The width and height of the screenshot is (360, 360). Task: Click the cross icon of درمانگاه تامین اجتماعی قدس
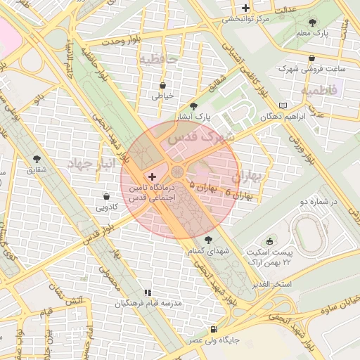(x=153, y=174)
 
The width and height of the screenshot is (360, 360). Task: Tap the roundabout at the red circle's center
(x=178, y=172)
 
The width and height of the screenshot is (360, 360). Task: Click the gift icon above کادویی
(x=106, y=196)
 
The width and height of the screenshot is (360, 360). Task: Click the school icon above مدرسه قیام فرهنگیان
(x=148, y=292)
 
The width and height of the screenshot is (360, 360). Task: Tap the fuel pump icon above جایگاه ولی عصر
(x=213, y=329)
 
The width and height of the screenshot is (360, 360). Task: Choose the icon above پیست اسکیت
(x=270, y=241)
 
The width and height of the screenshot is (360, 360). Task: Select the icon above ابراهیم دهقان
(x=283, y=105)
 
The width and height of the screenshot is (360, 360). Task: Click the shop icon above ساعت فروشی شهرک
(x=312, y=58)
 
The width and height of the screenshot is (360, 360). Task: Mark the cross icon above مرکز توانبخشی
(x=245, y=8)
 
